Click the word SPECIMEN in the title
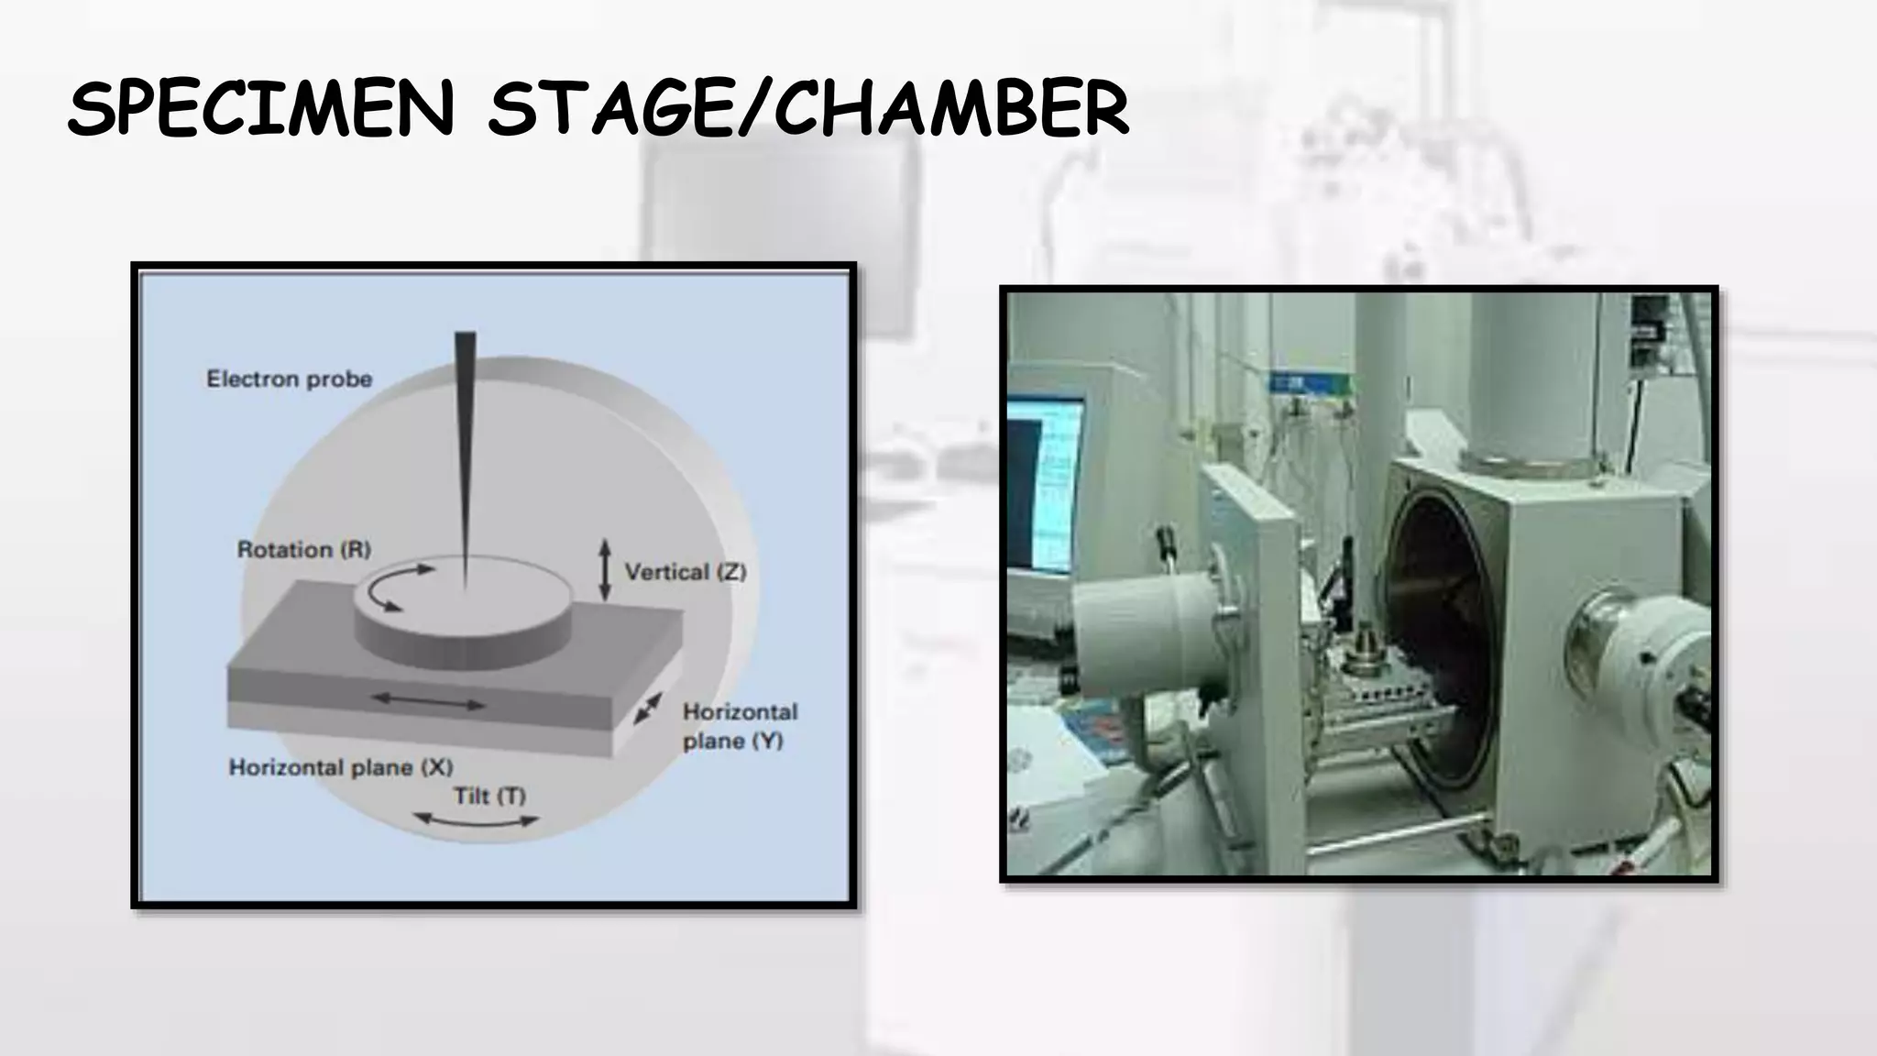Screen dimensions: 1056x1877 point(261,109)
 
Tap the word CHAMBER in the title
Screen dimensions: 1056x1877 point(953,109)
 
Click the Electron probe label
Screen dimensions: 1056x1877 point(289,379)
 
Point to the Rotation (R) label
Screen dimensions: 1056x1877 point(303,549)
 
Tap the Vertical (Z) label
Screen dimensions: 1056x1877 point(685,572)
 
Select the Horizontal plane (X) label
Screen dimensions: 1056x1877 point(340,767)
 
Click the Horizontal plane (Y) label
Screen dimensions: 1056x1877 point(739,726)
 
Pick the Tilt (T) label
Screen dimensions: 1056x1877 point(489,795)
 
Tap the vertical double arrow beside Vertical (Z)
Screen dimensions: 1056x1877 point(605,570)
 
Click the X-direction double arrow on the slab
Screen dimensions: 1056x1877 point(428,702)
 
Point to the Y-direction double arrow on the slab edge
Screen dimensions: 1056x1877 point(648,708)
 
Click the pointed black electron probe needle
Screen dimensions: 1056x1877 point(465,440)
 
